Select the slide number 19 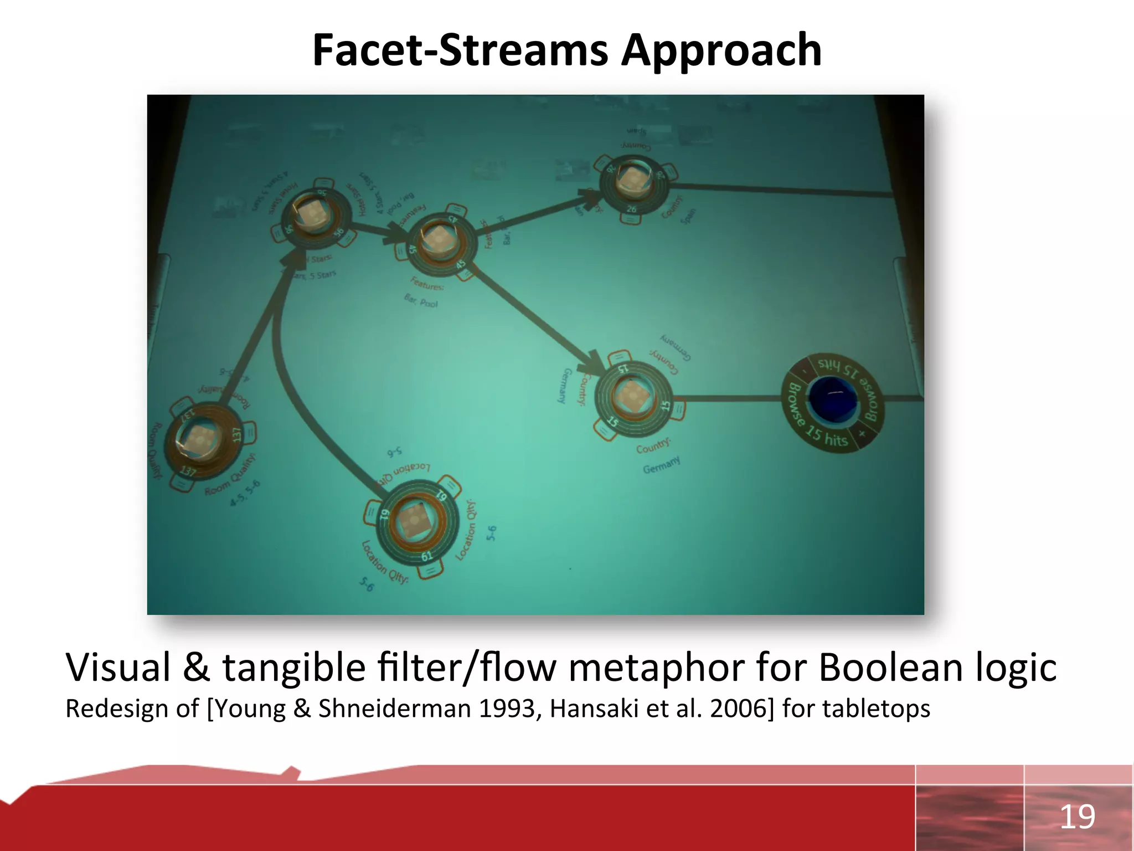click(x=1077, y=817)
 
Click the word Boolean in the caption click(x=891, y=667)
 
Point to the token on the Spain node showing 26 click(x=631, y=180)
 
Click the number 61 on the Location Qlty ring click(x=426, y=556)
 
